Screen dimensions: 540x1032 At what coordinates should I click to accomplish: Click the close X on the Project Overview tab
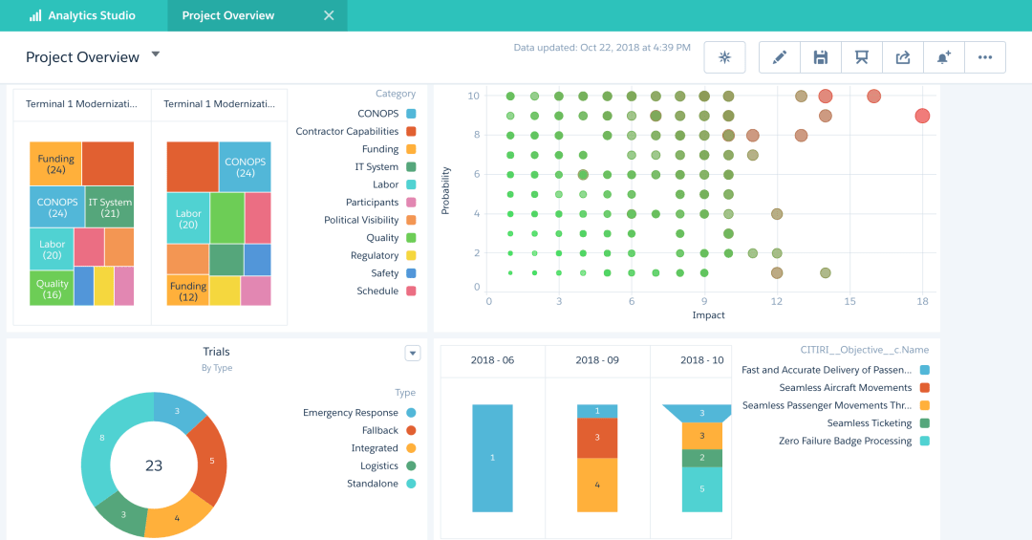[x=329, y=15]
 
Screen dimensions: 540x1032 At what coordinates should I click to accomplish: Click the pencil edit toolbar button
[x=779, y=57]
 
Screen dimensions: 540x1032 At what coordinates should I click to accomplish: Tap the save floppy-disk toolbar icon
[x=820, y=57]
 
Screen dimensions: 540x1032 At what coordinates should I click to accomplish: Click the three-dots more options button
[x=985, y=57]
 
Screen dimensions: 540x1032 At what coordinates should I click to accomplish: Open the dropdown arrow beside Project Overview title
[x=156, y=54]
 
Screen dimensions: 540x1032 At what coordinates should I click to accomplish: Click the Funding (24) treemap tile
[x=55, y=163]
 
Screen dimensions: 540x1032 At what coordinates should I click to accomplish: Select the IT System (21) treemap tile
[x=110, y=206]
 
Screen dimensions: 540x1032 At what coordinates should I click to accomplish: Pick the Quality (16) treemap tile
[x=52, y=288]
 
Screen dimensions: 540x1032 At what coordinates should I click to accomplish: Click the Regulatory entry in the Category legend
[x=375, y=255]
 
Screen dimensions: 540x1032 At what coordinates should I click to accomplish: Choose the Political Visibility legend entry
[x=361, y=220]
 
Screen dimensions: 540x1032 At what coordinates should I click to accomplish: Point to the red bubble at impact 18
[x=922, y=116]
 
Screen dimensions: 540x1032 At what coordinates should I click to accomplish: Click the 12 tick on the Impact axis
[x=777, y=301]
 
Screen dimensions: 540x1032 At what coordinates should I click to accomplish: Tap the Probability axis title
[x=446, y=191]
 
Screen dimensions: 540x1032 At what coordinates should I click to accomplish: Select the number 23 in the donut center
[x=154, y=465]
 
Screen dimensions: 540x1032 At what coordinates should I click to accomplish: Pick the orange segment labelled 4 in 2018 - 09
[x=597, y=485]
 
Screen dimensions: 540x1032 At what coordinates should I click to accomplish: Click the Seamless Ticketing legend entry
[x=869, y=423]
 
